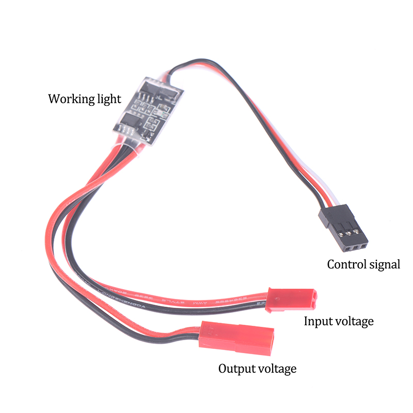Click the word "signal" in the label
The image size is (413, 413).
coord(383,265)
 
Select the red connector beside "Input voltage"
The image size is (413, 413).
coord(291,299)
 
